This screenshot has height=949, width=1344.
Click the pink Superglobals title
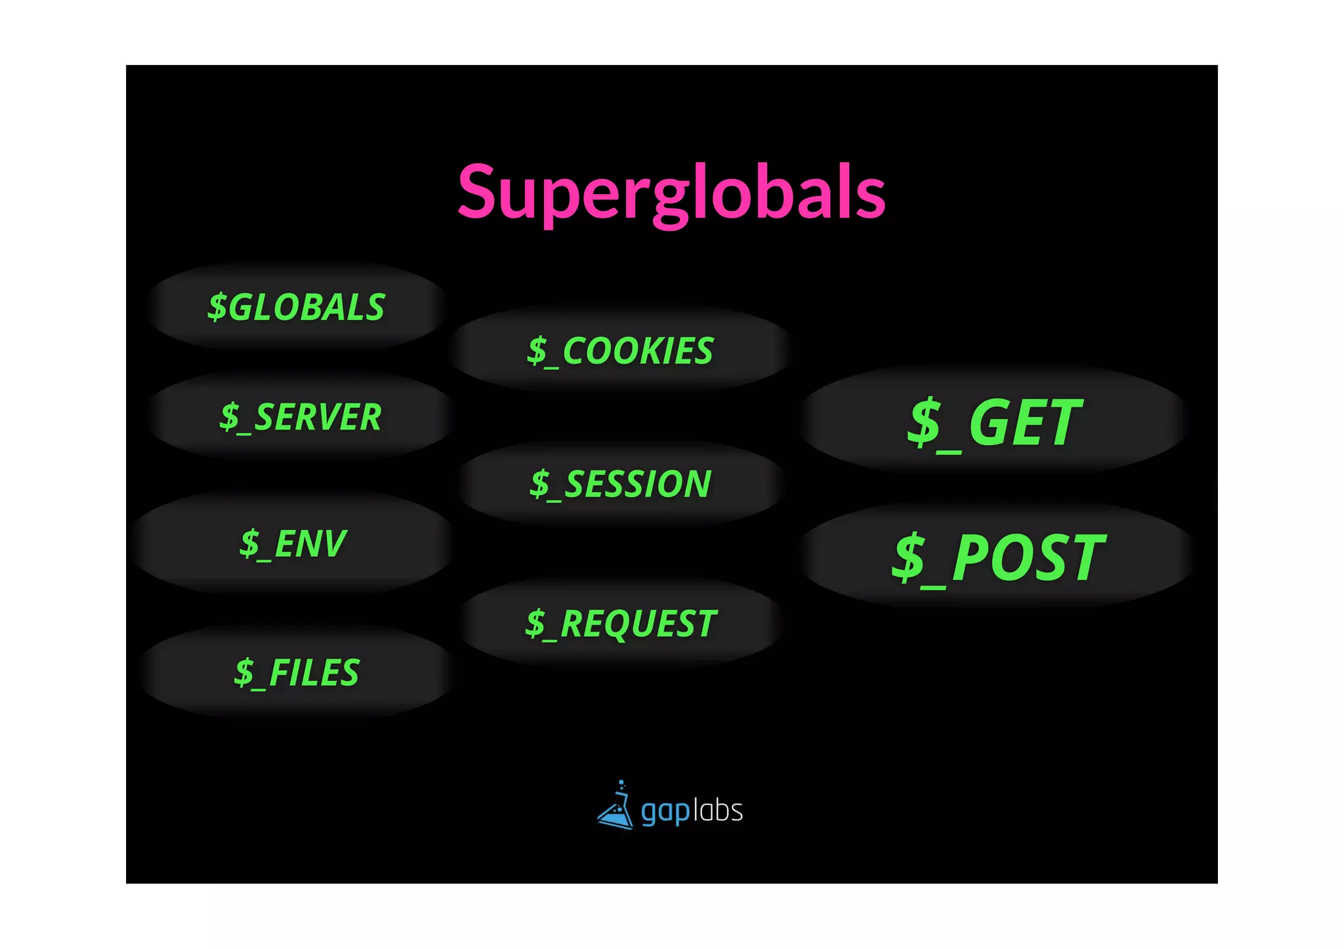click(671, 192)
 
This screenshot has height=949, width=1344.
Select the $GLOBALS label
click(297, 307)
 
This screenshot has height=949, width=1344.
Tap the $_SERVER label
click(301, 417)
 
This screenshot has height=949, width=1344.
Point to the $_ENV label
click(293, 544)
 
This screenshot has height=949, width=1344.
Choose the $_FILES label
click(297, 673)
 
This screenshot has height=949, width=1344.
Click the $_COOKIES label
click(620, 351)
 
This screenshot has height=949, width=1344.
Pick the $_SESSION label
click(620, 484)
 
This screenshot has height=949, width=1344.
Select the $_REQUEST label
click(620, 623)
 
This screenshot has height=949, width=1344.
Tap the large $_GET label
click(994, 423)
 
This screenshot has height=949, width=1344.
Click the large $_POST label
click(997, 557)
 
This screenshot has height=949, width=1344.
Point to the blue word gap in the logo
click(665, 812)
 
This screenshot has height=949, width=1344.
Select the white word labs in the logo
click(718, 811)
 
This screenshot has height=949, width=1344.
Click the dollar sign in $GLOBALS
click(217, 307)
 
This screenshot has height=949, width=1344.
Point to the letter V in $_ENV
click(331, 544)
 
